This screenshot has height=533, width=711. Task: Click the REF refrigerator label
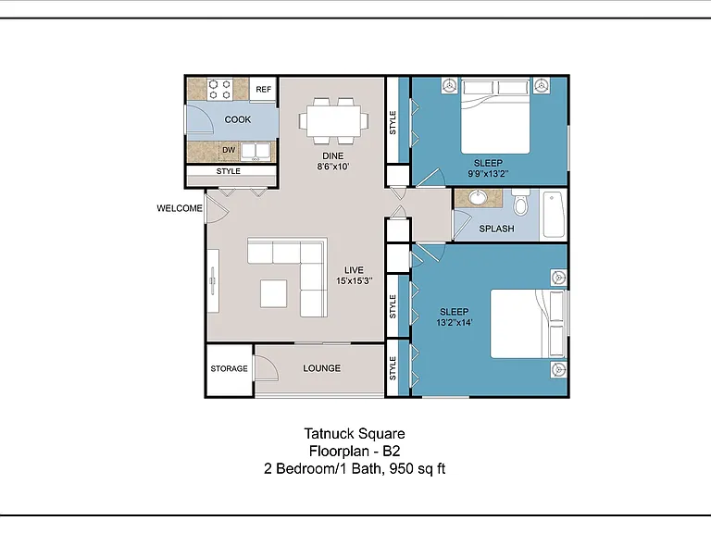pos(264,89)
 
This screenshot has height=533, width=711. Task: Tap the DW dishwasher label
pos(229,150)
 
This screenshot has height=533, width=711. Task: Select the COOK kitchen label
pos(238,119)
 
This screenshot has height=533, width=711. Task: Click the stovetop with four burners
pos(220,89)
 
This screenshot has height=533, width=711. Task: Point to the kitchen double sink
pos(256,152)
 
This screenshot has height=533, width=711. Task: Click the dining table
pos(333,121)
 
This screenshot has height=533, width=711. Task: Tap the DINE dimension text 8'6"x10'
pos(333,167)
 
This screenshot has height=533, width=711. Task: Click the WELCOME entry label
pos(180,208)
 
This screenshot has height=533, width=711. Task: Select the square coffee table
pos(273,293)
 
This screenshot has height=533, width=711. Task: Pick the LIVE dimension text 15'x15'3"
pos(355,281)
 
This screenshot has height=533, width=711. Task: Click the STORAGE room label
pos(229,369)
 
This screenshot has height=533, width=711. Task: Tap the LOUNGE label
pos(322,368)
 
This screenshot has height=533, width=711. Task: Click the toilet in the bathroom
pos(521,203)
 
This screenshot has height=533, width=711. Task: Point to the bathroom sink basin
pos(477,198)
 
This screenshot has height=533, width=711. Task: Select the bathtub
pos(554,215)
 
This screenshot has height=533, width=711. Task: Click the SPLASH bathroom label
pos(496,229)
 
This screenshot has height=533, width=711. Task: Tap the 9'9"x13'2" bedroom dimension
pos(489,174)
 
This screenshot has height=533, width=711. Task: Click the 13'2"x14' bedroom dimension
pos(455,323)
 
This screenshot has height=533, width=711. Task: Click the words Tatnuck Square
pos(355,434)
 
